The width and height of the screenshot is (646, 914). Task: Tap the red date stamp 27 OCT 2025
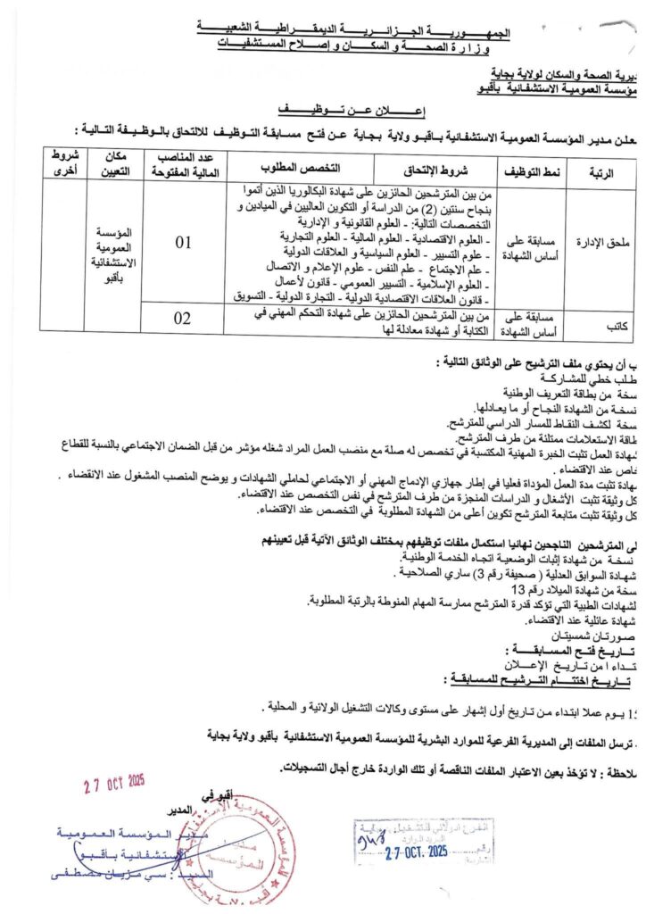(113, 782)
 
